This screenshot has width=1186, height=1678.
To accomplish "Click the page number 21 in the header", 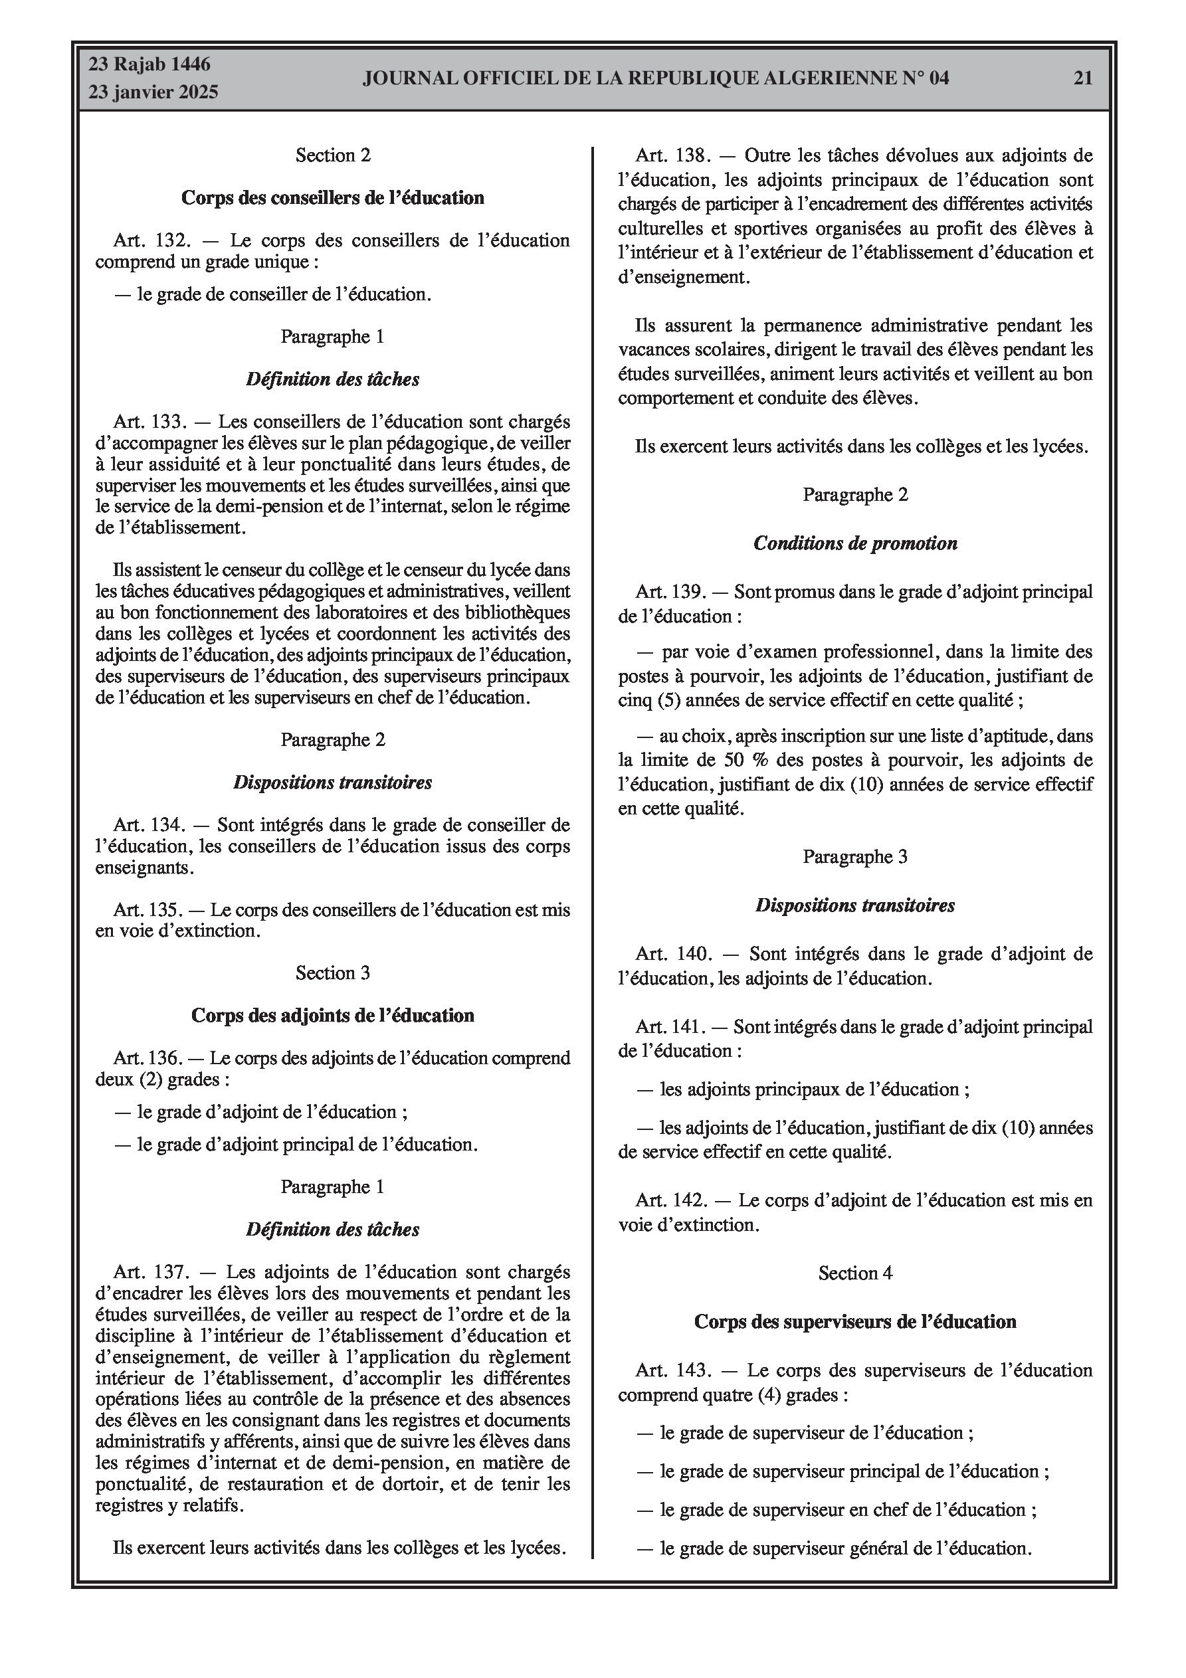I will coord(1083,78).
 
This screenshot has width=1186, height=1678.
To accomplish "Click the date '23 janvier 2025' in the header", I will coord(153,92).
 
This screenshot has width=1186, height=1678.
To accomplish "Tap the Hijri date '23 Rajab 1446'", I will coord(149,64).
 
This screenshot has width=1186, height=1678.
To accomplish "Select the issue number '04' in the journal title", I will coord(939,78).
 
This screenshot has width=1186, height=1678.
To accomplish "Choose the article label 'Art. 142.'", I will coord(672,1200).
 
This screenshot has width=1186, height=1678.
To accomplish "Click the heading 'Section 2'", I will coord(333,155).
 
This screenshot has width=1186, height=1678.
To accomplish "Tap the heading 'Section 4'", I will coord(854,1273).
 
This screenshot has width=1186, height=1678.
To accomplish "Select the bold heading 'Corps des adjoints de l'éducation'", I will coord(333,1015).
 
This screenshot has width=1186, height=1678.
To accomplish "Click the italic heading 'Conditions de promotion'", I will coord(854,544).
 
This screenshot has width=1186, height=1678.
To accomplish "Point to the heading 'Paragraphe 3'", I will coord(854,856).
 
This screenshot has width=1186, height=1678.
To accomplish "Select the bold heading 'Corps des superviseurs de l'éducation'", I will coord(854,1321).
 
